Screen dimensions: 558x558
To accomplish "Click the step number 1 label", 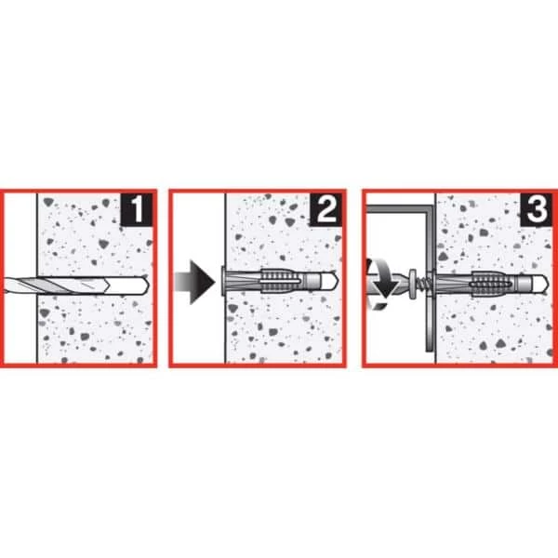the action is tap(137, 209).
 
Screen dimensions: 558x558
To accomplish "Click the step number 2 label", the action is tap(325, 209).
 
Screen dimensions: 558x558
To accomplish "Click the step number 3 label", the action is tap(537, 209).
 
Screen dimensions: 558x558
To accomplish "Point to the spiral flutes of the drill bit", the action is tap(57, 286).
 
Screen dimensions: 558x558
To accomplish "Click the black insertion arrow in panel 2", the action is tap(195, 282).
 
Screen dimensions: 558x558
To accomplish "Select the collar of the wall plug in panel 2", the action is tap(222, 282).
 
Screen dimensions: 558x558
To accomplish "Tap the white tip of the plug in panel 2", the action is tap(329, 282).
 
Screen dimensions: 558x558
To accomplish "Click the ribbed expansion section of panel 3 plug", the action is tap(492, 284).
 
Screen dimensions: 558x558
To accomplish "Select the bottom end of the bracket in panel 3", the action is tap(429, 351).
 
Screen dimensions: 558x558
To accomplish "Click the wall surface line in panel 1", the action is tap(37, 278).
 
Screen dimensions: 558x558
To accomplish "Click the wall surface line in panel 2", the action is tap(225, 278).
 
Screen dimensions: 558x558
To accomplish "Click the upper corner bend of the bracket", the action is tap(428, 209).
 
